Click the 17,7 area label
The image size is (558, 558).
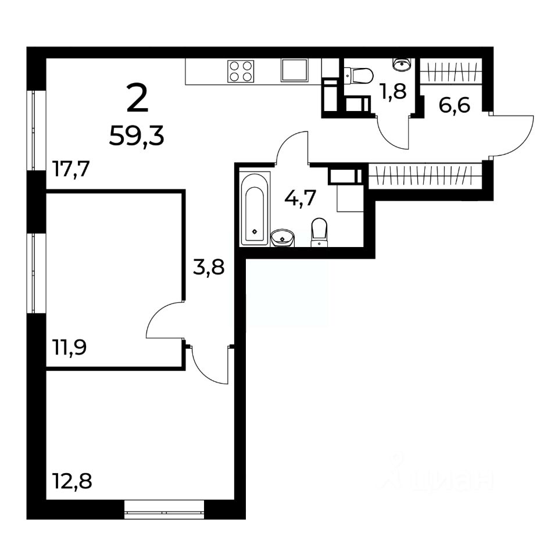(71, 169)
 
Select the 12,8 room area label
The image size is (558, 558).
(72, 481)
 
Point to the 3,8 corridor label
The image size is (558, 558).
(209, 267)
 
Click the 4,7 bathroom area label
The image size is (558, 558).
(301, 198)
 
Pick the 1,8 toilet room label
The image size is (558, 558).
(394, 92)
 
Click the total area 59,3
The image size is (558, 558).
(137, 136)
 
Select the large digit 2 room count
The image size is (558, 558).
(137, 99)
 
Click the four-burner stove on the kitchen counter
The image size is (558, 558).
(241, 71)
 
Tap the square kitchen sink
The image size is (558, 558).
(294, 70)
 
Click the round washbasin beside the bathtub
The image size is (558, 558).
(283, 237)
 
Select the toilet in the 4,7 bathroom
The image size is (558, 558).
(319, 233)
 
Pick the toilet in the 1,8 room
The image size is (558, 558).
(359, 76)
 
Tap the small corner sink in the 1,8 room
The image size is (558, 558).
(402, 65)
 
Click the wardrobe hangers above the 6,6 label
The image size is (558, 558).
(452, 71)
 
